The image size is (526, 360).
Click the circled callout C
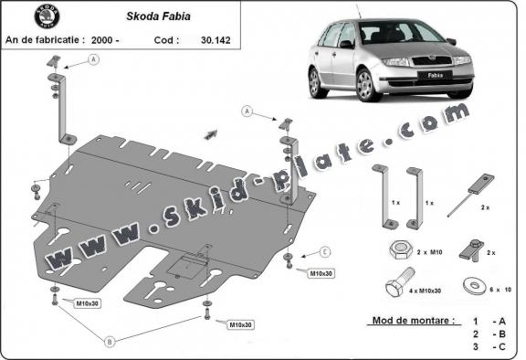click(324, 252)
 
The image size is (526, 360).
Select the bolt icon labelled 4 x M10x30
click(394, 288)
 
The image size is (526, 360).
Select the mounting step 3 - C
click(484, 347)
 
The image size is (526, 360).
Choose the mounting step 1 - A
click(484, 322)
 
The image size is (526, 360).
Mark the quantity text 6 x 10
click(498, 289)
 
